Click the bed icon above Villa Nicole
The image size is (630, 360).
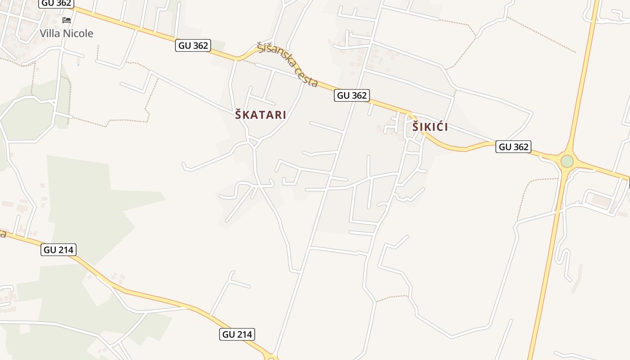[67, 20]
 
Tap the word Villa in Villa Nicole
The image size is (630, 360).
[49, 33]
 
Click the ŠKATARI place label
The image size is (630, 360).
[261, 115]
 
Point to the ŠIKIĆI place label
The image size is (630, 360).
[430, 127]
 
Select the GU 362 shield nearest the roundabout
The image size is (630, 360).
[513, 147]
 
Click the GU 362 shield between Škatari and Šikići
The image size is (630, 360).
[352, 95]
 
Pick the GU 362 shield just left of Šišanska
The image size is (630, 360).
[193, 45]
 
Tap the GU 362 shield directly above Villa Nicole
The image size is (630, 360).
[57, 3]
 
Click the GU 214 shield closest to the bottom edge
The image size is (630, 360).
[238, 334]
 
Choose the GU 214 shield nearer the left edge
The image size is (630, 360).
[58, 250]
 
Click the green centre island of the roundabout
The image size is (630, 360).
[567, 161]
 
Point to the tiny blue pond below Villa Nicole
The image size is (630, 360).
[78, 65]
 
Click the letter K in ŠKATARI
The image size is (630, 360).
[247, 115]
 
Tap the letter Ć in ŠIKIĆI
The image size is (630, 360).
[439, 127]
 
